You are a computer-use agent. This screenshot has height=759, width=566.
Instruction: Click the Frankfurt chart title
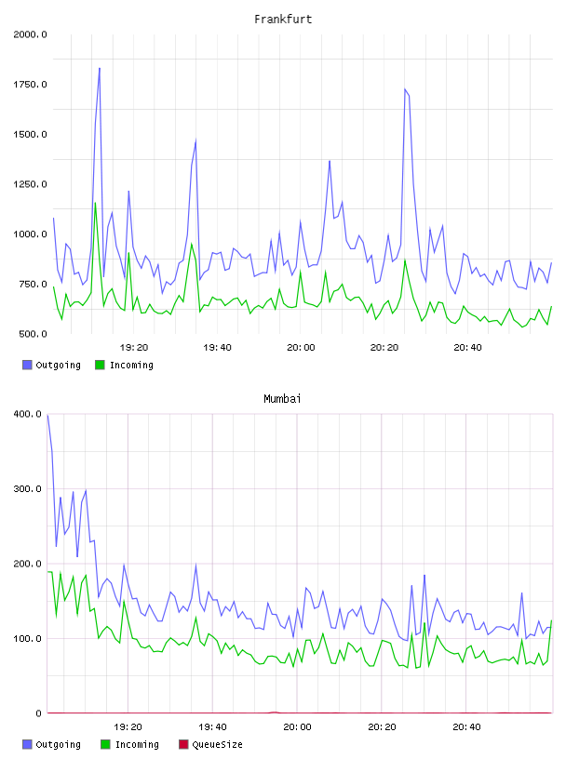[x=283, y=20]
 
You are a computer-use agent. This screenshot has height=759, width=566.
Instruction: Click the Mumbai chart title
[x=282, y=399]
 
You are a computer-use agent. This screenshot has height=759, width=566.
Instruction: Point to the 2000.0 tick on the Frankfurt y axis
[x=30, y=34]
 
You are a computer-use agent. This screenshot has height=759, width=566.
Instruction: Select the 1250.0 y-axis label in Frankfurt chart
[x=30, y=184]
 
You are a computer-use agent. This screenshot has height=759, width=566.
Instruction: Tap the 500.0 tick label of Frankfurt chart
[x=33, y=334]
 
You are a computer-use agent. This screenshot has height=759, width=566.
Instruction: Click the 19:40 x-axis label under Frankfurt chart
[x=217, y=348]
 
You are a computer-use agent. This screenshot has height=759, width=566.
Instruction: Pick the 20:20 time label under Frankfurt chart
[x=384, y=348]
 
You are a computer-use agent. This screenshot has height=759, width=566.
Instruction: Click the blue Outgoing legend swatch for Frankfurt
[x=27, y=365]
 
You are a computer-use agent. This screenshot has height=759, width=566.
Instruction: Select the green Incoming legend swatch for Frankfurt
[x=100, y=365]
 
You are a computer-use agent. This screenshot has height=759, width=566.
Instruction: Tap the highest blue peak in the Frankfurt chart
[x=100, y=68]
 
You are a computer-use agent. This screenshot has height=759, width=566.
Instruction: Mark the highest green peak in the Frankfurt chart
[x=96, y=203]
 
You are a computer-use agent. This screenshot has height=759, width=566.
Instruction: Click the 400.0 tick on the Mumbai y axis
[x=28, y=414]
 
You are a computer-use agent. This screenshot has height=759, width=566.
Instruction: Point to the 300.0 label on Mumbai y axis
[x=28, y=489]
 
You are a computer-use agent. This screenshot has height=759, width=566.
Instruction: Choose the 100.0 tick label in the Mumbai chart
[x=28, y=638]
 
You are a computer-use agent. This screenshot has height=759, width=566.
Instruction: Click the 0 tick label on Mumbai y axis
[x=39, y=713]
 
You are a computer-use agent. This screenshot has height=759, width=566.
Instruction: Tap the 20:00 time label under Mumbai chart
[x=297, y=727]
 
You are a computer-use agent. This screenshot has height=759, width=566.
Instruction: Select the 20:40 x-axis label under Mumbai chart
[x=466, y=727]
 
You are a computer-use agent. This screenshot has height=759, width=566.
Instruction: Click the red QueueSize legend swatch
[x=183, y=744]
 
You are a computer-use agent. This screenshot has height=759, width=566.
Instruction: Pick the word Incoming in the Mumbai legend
[x=137, y=745]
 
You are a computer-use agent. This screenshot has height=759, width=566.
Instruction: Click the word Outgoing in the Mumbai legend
[x=58, y=745]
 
